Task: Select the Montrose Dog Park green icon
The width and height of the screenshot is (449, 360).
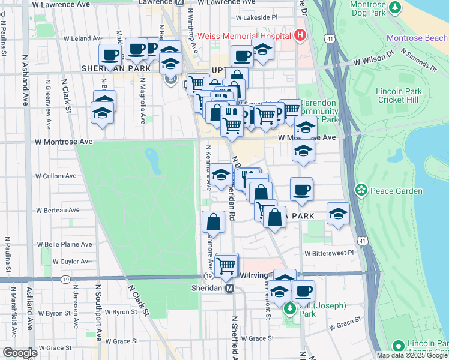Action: pos(395,7)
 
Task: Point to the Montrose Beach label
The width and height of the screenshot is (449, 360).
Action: pos(417,38)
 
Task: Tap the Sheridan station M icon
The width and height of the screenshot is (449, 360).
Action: pos(229,289)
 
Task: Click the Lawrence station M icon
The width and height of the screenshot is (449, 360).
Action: pos(179,2)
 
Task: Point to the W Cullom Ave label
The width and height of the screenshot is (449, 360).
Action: pos(56,176)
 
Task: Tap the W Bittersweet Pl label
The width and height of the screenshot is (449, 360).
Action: pos(329,253)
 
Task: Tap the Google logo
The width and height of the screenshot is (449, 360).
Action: pos(20,353)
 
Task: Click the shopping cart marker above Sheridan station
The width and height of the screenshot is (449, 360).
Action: pos(226,265)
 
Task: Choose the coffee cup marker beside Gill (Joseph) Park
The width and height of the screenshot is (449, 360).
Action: pos(303,292)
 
